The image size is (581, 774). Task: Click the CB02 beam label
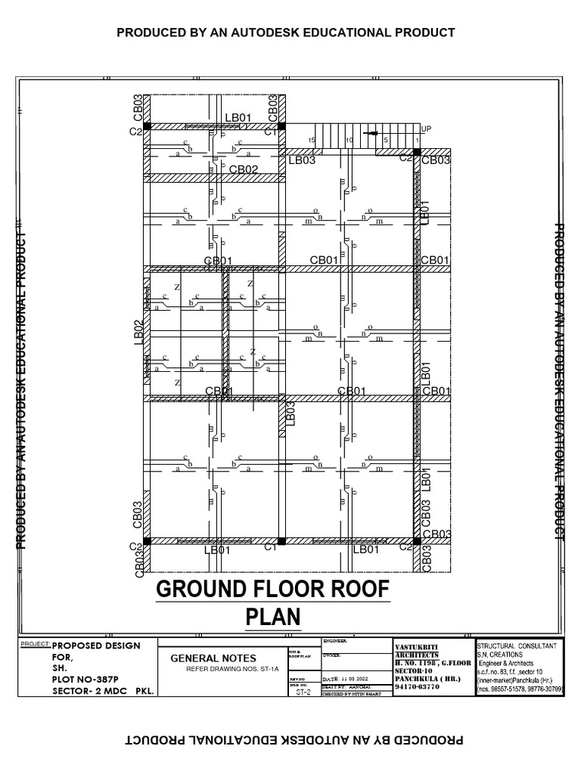click(244, 170)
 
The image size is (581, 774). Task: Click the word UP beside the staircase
click(426, 129)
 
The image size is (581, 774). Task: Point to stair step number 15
click(310, 141)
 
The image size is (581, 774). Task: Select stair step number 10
click(349, 141)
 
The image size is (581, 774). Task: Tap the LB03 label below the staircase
click(301, 160)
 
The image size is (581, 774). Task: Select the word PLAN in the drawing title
click(273, 618)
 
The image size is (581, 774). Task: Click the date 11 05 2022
click(359, 680)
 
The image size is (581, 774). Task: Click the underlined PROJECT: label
click(36, 645)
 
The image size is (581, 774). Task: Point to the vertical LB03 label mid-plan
click(290, 414)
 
